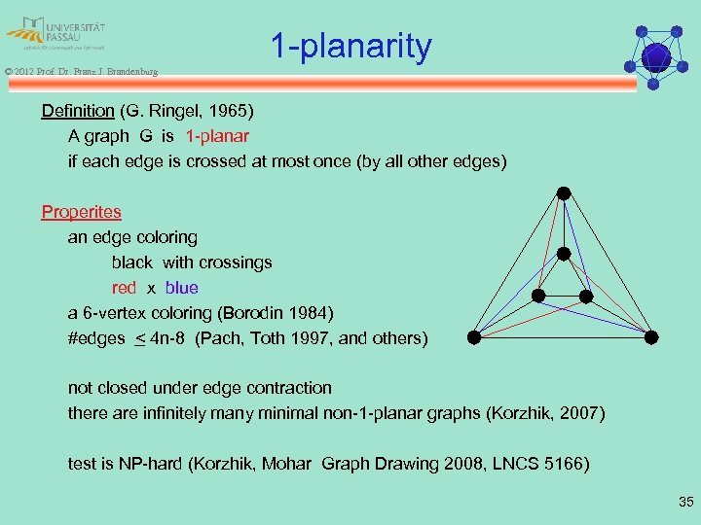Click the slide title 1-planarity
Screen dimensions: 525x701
350,47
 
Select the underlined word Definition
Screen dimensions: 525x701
78,111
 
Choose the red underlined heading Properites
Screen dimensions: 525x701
81,212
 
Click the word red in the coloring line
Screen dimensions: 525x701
124,288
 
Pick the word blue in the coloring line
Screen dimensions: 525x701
181,288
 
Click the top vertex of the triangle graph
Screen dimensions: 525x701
563,192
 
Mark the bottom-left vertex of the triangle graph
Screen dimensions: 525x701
473,338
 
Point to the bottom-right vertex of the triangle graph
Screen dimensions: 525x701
651,338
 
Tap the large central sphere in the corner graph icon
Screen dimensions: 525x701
656,56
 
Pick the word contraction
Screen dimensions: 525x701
285,388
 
